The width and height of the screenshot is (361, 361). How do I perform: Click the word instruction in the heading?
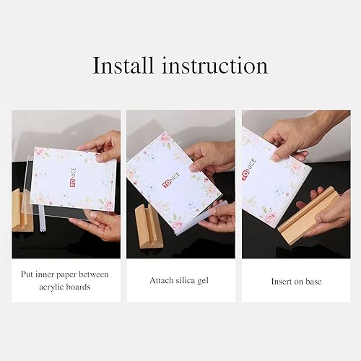pyautogui.click(x=214, y=66)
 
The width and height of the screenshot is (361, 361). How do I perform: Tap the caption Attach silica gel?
pyautogui.click(x=180, y=280)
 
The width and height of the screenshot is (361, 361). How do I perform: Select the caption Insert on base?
pyautogui.click(x=295, y=280)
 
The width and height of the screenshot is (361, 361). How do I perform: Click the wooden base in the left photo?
pyautogui.click(x=19, y=209)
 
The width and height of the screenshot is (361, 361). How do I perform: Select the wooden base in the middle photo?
pyautogui.click(x=147, y=225)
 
